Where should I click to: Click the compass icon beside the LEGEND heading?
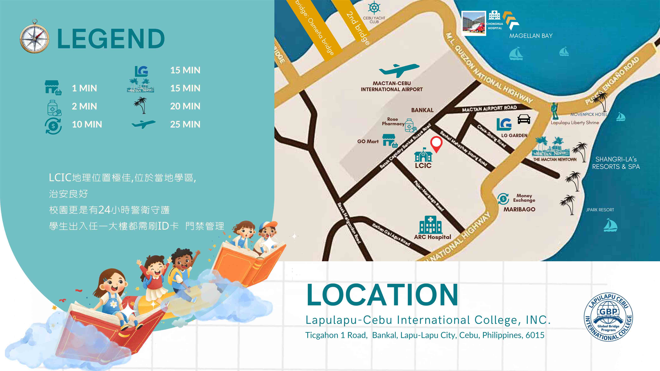click(x=35, y=36)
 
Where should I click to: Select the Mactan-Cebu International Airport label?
click(x=392, y=86)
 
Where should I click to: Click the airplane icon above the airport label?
click(x=399, y=70)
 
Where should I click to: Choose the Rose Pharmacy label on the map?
click(x=393, y=121)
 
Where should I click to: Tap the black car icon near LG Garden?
click(x=524, y=119)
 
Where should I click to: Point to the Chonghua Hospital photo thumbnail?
click(x=473, y=23)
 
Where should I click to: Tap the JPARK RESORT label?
click(x=600, y=210)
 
